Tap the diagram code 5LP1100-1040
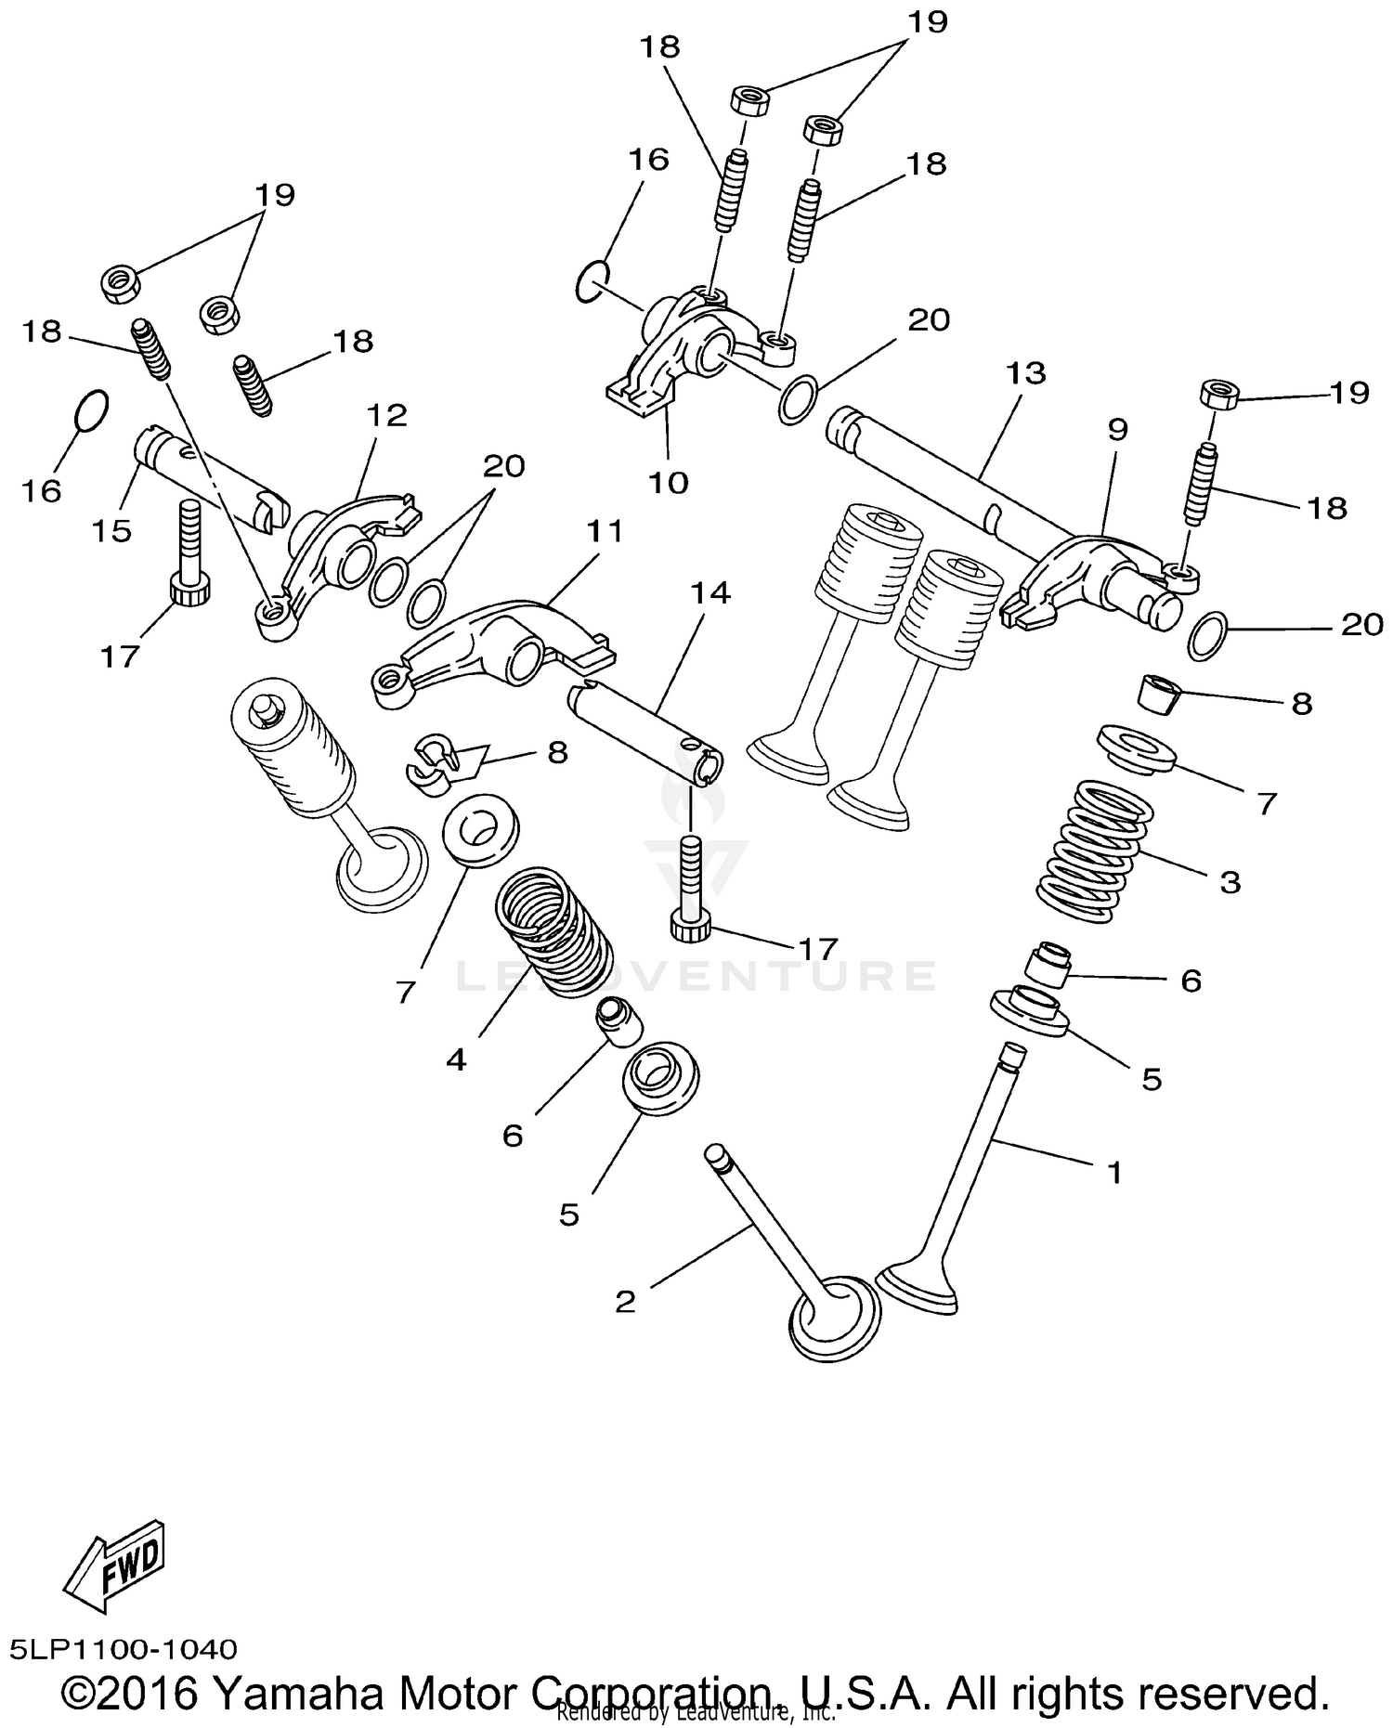124,1649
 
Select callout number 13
1026,373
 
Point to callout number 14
710,592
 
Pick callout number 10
668,482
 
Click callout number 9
1117,429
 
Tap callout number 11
605,531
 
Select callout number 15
112,530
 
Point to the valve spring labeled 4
555,930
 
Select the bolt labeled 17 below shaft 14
692,891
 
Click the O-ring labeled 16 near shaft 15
91,410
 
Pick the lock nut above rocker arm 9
1221,395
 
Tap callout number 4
455,1059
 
